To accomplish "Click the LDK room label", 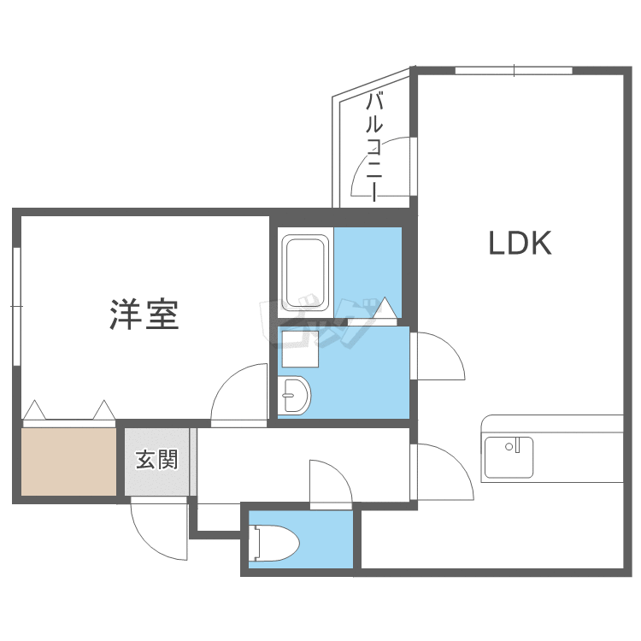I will click(x=520, y=244).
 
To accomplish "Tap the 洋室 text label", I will click(x=144, y=314).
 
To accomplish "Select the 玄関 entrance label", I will click(x=156, y=460).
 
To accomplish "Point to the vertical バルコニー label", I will click(x=374, y=147).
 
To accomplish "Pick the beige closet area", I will click(x=68, y=461).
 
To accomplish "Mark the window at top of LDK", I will click(x=513, y=70).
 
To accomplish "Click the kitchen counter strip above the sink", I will click(x=552, y=424).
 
